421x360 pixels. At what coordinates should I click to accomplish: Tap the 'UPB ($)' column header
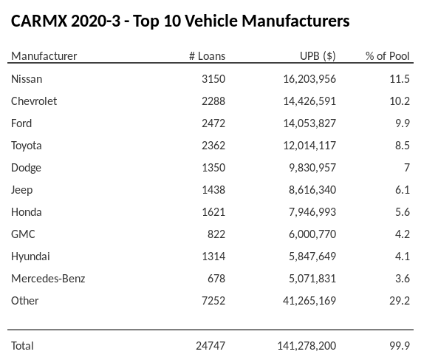318,56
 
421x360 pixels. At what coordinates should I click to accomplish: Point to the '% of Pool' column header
387,56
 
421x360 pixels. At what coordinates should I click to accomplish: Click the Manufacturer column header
44,56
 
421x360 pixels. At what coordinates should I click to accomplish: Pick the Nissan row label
27,78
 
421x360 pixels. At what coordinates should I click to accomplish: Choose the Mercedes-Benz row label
48,278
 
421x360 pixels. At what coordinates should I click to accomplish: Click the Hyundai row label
30,256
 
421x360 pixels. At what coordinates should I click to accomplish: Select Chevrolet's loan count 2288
213,101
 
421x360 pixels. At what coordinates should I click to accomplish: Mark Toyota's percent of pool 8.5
402,145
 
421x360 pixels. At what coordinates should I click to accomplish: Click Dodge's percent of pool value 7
406,167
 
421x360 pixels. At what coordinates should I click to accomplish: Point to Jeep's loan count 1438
213,189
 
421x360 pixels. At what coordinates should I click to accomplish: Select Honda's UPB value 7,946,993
309,211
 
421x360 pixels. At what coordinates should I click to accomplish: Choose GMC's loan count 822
216,234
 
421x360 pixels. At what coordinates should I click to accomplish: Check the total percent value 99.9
399,345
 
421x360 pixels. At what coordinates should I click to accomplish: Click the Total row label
22,345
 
